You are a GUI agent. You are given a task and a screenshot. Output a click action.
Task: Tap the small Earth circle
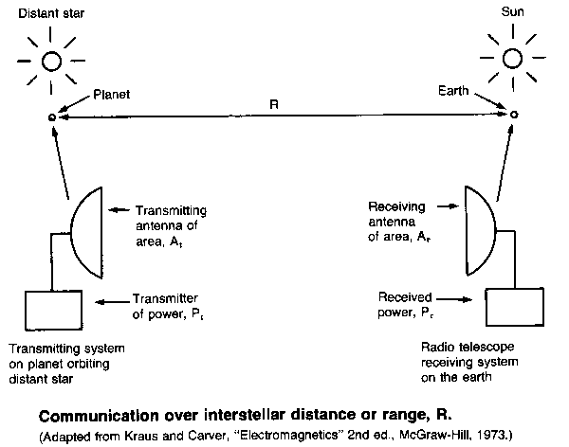point(514,115)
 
